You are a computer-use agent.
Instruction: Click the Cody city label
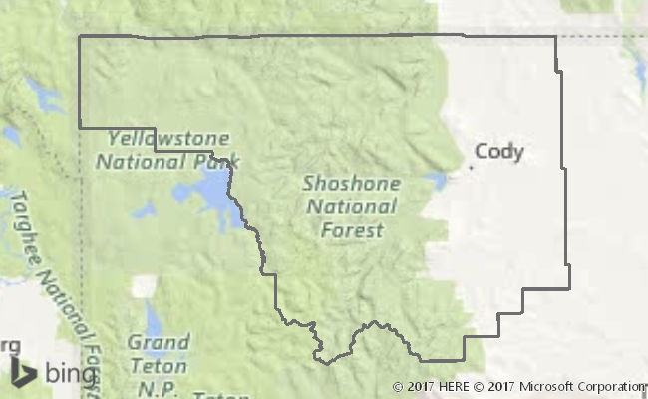pyautogui.click(x=498, y=152)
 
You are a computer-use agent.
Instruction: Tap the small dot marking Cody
pyautogui.click(x=471, y=167)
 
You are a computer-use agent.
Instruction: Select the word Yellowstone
pyautogui.click(x=168, y=138)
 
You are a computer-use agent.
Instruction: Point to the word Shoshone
pyautogui.click(x=352, y=184)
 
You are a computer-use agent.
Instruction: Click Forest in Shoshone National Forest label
pyautogui.click(x=352, y=230)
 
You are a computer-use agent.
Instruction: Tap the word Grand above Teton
pyautogui.click(x=158, y=342)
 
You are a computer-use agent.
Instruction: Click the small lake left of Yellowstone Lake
pyautogui.click(x=144, y=210)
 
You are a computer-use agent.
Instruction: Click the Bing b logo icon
pyautogui.click(x=23, y=373)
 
